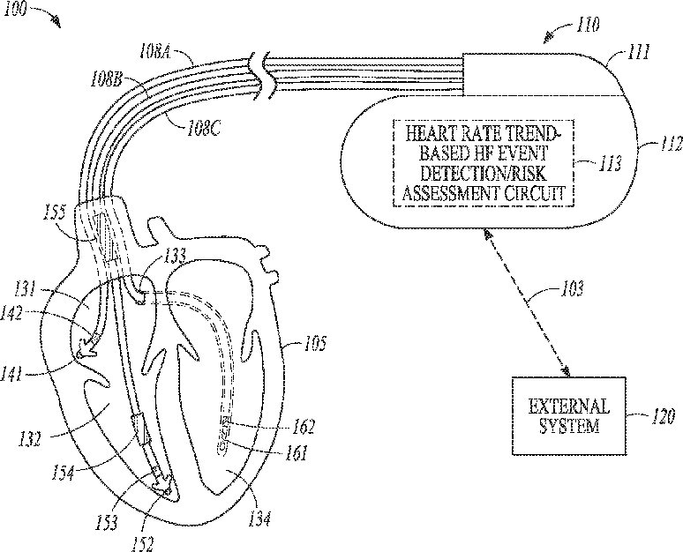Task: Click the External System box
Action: [568, 416]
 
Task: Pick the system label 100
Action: [18, 8]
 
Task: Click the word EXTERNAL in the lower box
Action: [568, 407]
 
